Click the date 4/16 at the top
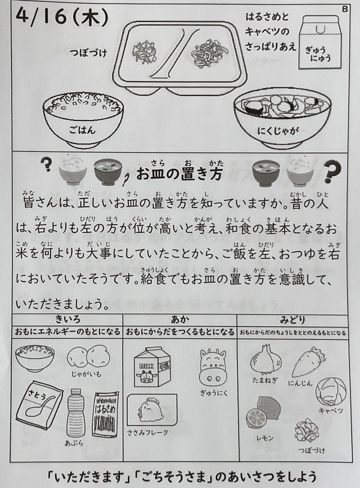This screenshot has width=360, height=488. click(42, 16)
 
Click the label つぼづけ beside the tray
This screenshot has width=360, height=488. click(88, 52)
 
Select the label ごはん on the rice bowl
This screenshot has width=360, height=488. click(82, 129)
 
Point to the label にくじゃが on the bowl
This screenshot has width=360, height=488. click(278, 131)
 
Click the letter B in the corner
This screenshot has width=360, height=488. click(345, 9)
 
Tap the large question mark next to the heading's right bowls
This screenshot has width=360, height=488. click(332, 171)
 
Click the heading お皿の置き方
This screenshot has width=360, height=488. click(179, 174)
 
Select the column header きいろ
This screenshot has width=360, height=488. click(67, 319)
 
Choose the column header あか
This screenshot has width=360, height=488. click(180, 319)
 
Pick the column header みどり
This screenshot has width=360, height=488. click(292, 319)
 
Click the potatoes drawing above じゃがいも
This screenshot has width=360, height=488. click(89, 357)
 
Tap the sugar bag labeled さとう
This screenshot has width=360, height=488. click(39, 405)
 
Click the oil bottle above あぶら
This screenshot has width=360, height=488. click(76, 412)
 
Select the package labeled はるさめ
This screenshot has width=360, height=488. click(105, 414)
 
